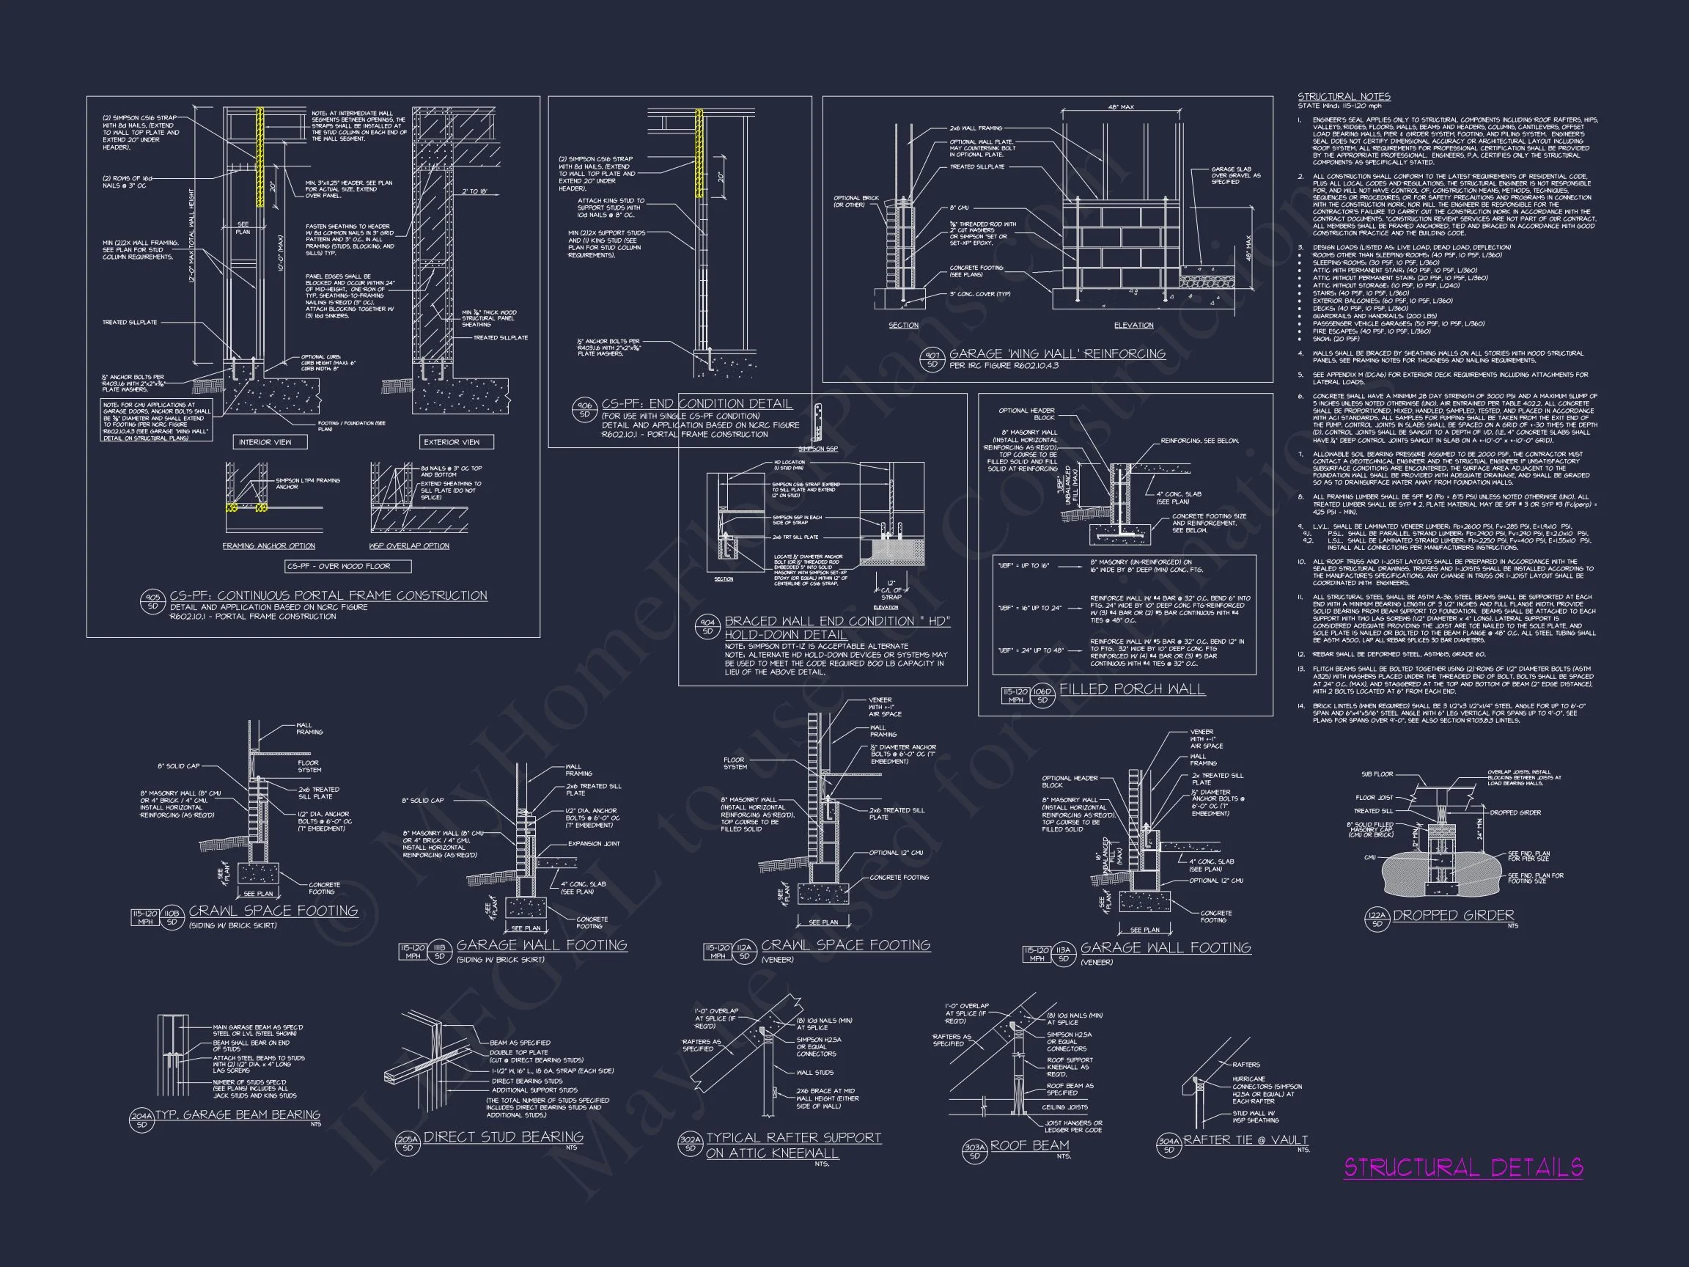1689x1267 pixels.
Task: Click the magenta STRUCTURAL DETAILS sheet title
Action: pos(1463,1168)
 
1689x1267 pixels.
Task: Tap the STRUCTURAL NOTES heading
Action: pos(1344,97)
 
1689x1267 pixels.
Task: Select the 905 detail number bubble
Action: pos(152,601)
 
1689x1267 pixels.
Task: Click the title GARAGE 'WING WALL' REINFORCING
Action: pos(1057,353)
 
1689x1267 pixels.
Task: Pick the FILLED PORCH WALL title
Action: pos(1132,689)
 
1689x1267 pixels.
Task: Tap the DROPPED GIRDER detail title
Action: pos(1453,915)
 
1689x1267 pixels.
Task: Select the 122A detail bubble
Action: pos(1377,919)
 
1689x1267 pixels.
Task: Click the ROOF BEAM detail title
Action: pos(1029,1145)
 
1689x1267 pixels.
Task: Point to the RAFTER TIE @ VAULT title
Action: pos(1245,1139)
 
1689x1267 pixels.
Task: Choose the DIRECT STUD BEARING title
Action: pos(503,1136)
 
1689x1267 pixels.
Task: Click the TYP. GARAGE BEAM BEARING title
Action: pos(238,1114)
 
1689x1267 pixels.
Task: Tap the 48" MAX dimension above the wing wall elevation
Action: pos(1121,107)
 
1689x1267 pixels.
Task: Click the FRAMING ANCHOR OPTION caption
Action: pos(269,546)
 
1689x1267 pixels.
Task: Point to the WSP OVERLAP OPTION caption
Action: pos(409,546)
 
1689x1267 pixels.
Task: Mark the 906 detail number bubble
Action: pos(584,409)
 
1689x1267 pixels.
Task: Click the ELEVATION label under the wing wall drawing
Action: pos(1133,326)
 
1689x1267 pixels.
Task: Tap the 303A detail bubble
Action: pos(974,1150)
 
